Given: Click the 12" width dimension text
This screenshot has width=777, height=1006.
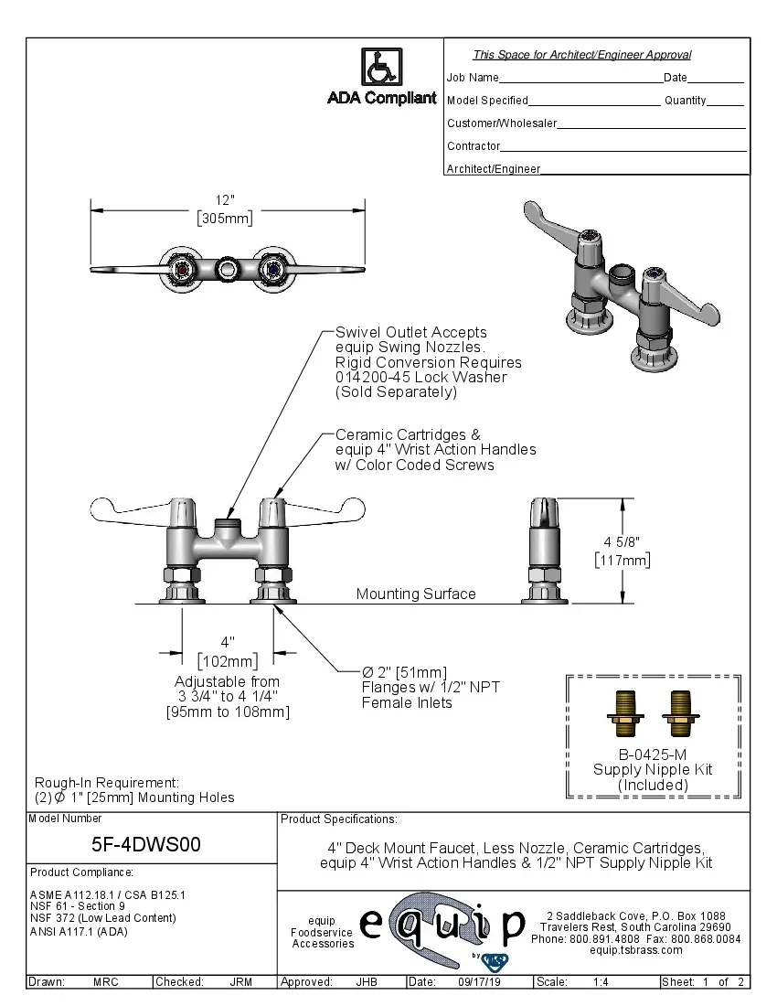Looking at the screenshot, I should (225, 200).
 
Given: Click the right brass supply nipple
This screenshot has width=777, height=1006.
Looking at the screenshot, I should (677, 713).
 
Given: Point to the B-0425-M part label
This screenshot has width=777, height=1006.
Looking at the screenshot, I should (653, 754).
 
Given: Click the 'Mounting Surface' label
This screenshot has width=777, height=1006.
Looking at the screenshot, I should (416, 594).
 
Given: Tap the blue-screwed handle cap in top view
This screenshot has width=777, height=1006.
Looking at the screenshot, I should (270, 268).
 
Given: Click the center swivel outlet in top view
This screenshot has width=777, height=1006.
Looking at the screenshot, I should (228, 269).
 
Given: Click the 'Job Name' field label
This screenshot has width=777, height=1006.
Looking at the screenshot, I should (473, 78).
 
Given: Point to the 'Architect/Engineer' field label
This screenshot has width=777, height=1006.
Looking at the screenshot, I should (494, 169).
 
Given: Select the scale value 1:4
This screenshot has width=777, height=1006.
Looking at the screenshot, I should (601, 982).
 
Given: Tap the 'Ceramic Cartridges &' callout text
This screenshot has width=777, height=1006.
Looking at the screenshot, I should (408, 434).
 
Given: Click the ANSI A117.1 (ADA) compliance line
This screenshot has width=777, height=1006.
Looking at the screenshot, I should (79, 932).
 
